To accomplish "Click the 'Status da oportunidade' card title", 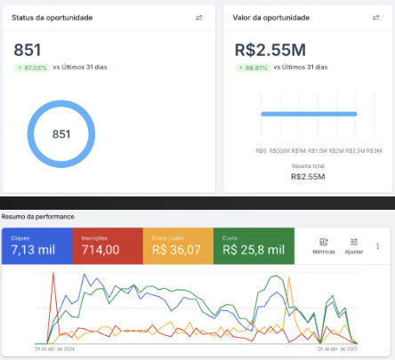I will [52, 18].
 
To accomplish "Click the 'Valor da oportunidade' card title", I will [272, 18].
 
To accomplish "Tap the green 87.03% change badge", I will [32, 67].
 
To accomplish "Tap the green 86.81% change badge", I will [253, 67].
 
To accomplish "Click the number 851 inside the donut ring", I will [61, 134].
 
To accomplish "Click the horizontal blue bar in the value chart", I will [308, 114].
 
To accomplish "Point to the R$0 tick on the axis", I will [260, 150].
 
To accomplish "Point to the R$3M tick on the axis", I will [375, 150].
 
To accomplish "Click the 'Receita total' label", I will [307, 166].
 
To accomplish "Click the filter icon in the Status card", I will [199, 18].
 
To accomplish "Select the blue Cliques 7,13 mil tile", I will [36, 246].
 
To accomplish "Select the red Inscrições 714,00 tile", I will [108, 246].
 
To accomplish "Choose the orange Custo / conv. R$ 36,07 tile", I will [179, 246].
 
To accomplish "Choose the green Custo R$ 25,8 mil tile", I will [254, 246].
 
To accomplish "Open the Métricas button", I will [324, 246].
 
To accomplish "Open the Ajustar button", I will [354, 246].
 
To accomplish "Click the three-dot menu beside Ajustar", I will [378, 246].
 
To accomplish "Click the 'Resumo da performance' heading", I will [37, 217].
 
